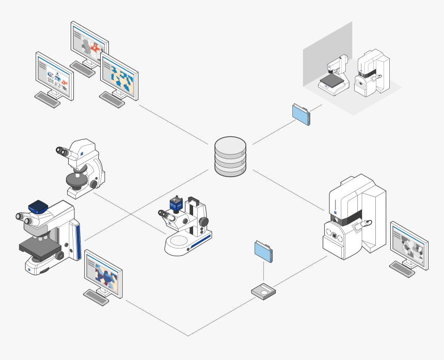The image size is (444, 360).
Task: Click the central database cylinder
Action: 230,157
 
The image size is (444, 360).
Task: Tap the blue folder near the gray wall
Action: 302,114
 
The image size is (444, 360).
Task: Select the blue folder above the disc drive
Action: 264,251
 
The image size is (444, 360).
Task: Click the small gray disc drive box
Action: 263,292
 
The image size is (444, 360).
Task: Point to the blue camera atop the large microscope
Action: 38,207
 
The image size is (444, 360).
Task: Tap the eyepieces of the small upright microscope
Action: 63,151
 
